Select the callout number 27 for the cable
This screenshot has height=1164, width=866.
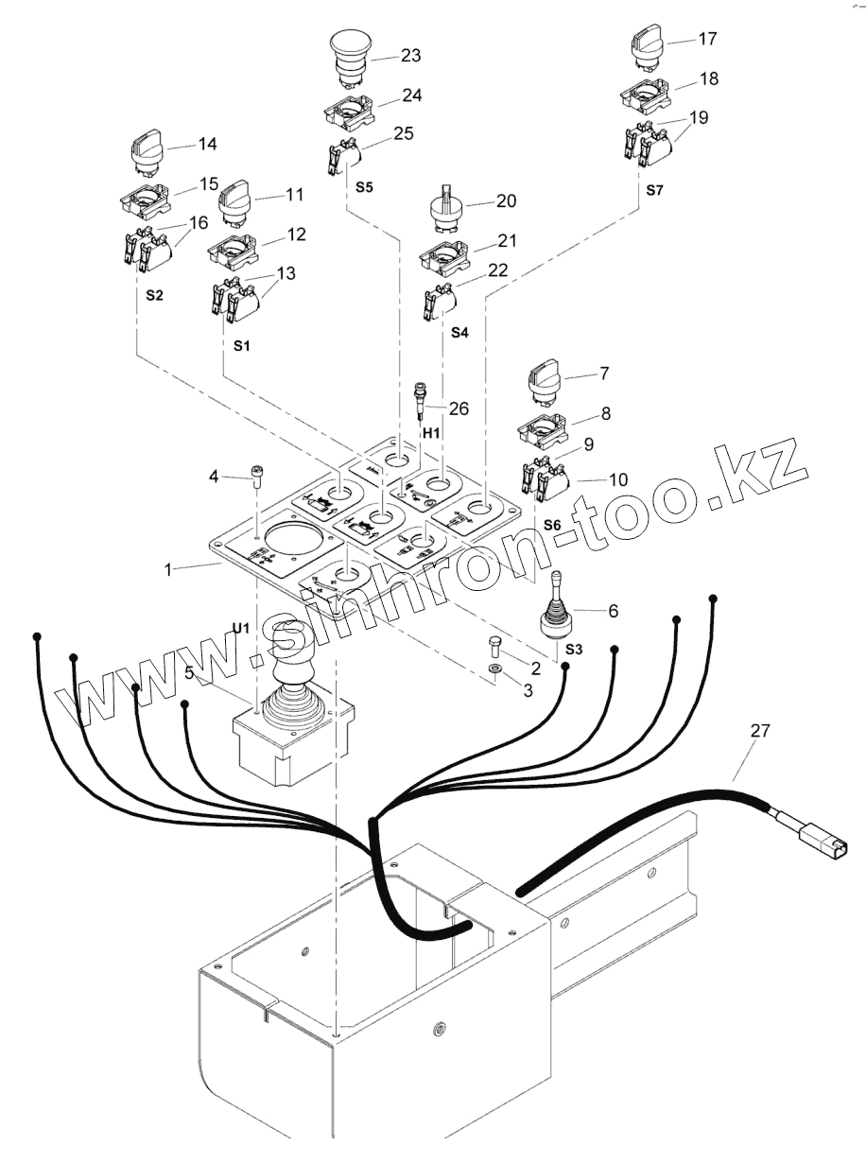[x=760, y=730]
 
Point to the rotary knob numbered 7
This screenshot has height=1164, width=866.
[x=546, y=380]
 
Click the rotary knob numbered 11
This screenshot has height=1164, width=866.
[x=234, y=203]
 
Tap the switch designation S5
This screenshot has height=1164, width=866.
[x=365, y=187]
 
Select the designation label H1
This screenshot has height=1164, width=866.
[x=431, y=432]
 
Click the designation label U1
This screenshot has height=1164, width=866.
[x=241, y=628]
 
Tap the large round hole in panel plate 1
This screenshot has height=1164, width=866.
[x=295, y=548]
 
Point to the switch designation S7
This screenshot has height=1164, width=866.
[x=656, y=190]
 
